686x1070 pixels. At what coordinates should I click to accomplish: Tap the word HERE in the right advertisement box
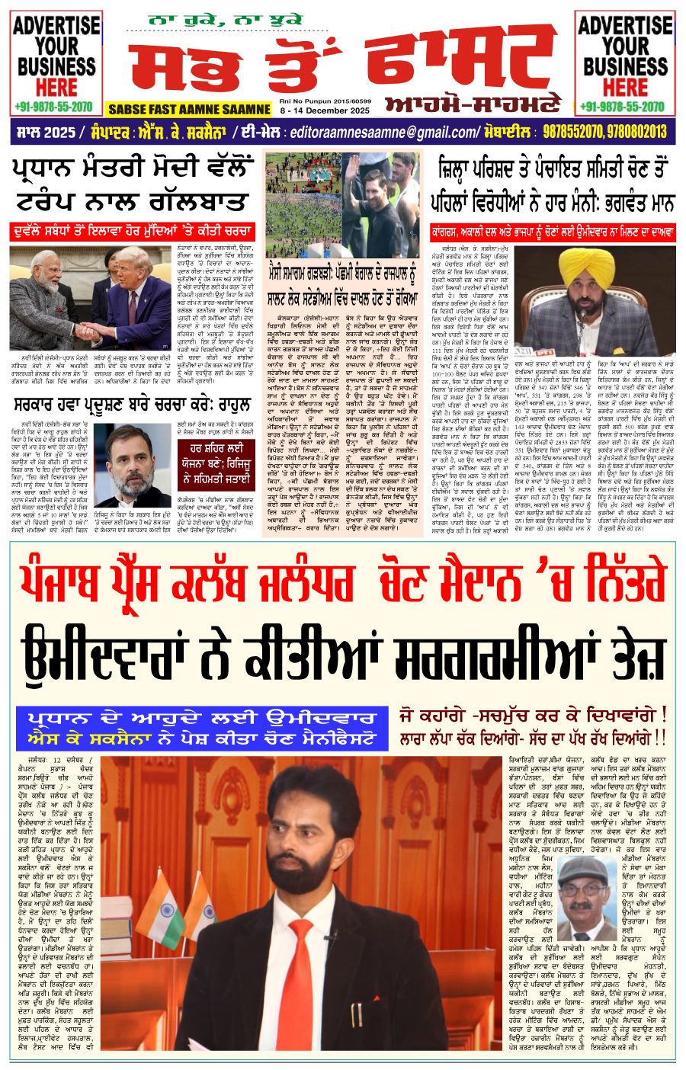point(625,85)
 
